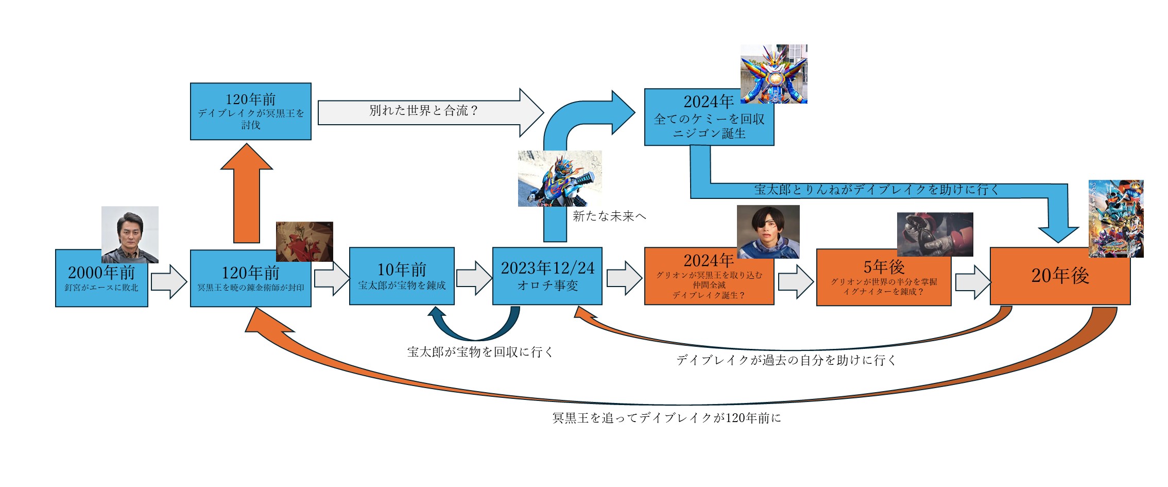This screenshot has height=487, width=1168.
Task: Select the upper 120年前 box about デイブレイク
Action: (x=250, y=111)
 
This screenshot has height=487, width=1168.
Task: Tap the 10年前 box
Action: (x=402, y=277)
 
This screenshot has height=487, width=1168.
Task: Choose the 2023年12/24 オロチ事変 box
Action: (x=547, y=277)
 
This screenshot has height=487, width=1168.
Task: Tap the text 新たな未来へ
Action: (x=609, y=216)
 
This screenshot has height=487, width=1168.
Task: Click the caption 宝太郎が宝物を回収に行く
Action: (x=480, y=352)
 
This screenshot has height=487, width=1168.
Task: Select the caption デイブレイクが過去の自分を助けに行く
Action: (x=786, y=360)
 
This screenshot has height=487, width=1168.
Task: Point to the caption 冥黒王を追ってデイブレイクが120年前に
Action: (x=666, y=418)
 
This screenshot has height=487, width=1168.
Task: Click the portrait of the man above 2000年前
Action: (x=130, y=234)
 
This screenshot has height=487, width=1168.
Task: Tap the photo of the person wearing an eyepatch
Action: (x=768, y=232)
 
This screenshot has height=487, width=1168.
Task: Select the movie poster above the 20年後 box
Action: (x=1116, y=219)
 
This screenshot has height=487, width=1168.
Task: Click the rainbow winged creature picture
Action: (x=774, y=74)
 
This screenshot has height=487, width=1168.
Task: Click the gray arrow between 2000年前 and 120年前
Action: (x=168, y=281)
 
